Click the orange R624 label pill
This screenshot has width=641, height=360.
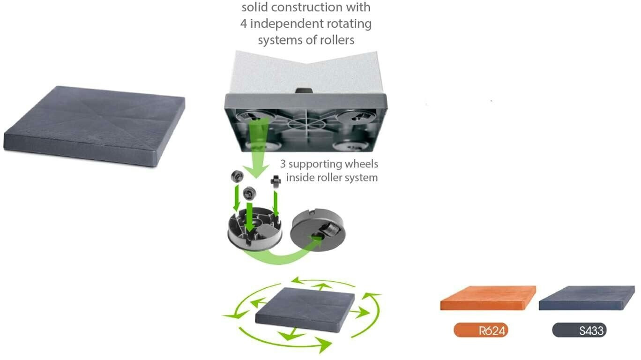tap(481, 330)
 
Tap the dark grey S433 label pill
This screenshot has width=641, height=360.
tap(579, 330)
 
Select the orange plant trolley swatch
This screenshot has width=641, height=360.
tap(488, 298)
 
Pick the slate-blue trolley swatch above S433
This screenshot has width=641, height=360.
tap(587, 298)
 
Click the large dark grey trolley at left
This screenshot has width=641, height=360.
tap(95, 126)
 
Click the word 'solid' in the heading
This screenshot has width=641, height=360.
tap(255, 7)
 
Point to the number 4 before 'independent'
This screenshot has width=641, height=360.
tap(243, 23)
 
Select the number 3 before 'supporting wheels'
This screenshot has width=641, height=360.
tap(283, 164)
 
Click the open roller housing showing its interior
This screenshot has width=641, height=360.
tap(255, 228)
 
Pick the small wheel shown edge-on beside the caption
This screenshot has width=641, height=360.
tap(276, 181)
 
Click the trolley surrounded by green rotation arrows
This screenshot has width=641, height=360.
tap(305, 310)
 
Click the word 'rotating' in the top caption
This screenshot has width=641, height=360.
tap(352, 23)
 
